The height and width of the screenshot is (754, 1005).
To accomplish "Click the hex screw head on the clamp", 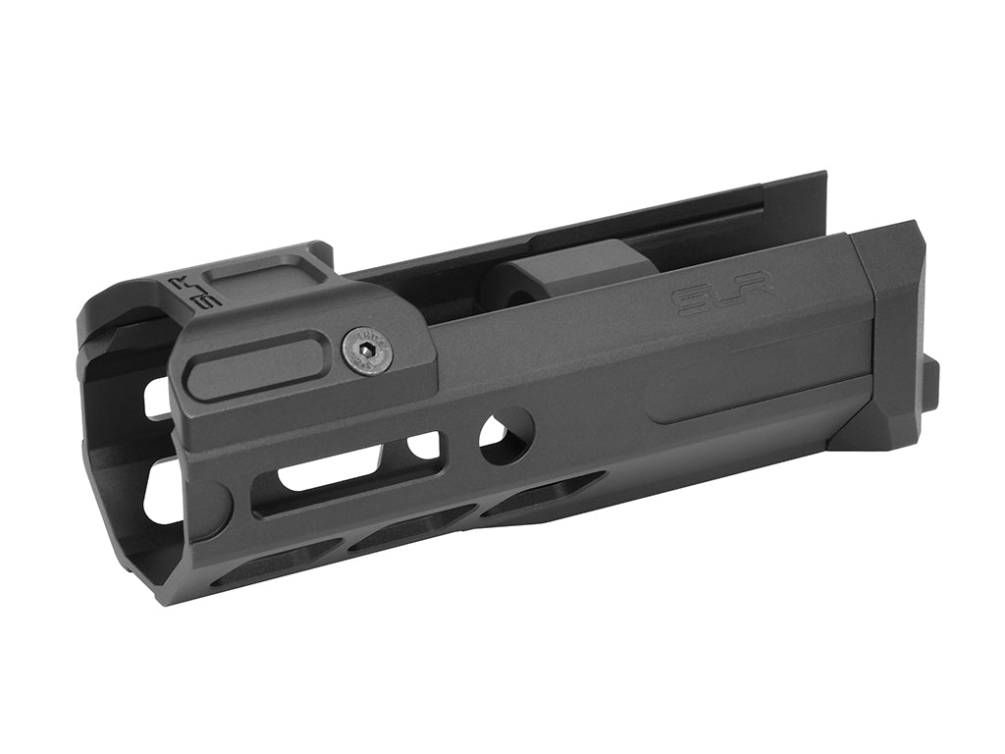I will coord(366,350).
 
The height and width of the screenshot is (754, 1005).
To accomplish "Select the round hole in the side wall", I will coord(505,435).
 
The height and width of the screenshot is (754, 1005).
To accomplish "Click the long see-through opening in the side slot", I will coord(329,469).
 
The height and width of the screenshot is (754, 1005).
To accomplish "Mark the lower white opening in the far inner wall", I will coord(162,496).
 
